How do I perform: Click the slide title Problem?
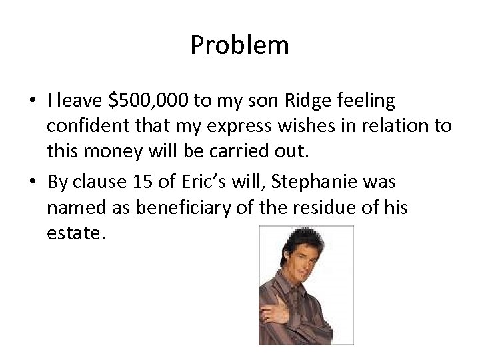[x=239, y=45]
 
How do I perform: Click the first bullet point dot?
[x=33, y=102]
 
